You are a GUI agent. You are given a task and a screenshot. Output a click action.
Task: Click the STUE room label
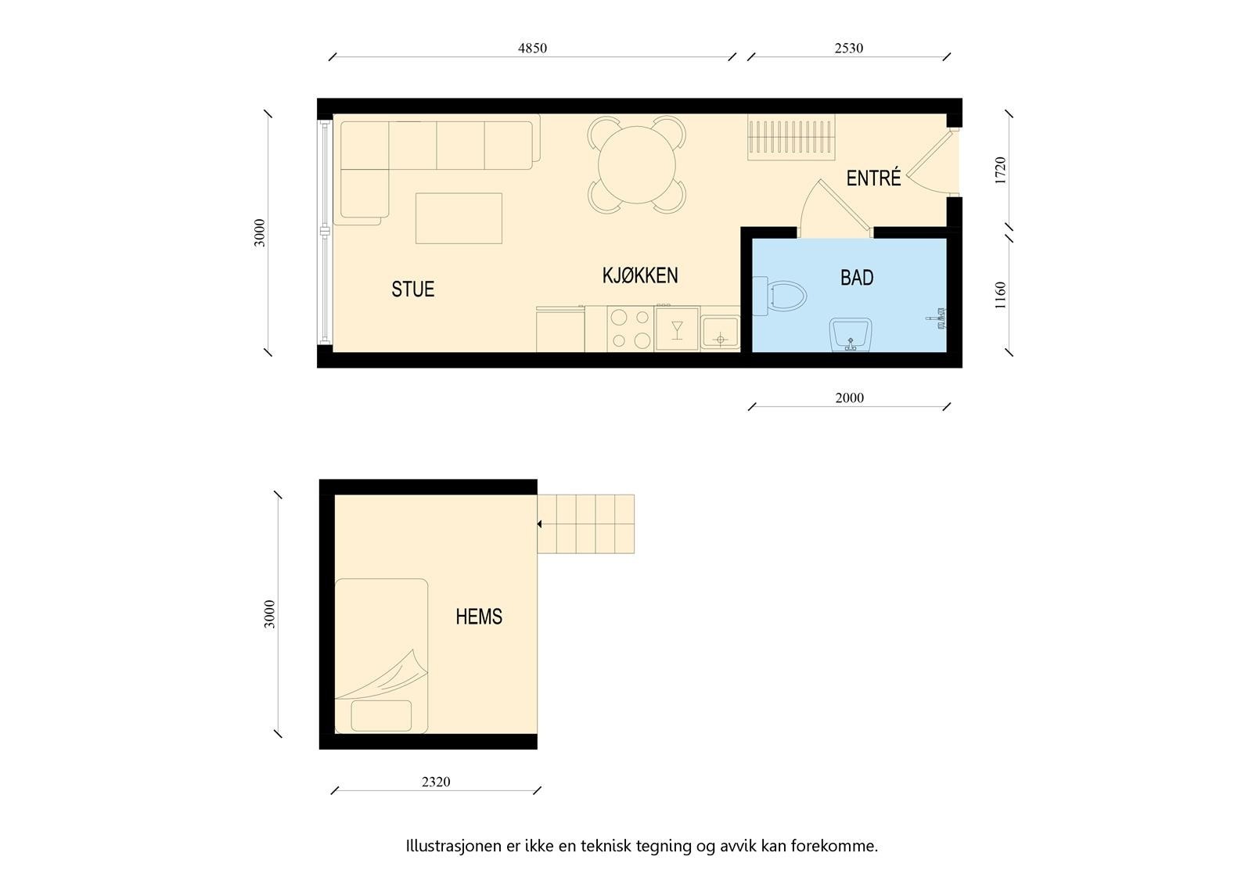click(412, 290)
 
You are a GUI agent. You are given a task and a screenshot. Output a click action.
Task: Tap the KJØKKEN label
click(639, 275)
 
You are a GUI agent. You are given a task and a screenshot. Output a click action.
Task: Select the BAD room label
click(857, 278)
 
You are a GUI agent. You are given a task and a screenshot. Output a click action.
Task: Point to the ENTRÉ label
click(873, 178)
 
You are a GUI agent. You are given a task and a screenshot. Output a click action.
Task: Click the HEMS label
click(478, 617)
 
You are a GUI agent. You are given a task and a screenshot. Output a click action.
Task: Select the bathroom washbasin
click(851, 335)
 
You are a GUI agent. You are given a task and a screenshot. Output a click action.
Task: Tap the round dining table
click(637, 164)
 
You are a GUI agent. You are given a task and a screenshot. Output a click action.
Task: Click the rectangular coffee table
click(459, 218)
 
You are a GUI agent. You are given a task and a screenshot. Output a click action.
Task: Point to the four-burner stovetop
click(631, 329)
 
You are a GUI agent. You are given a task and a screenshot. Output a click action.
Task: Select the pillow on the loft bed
click(381, 715)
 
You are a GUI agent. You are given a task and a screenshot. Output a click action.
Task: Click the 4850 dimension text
click(532, 49)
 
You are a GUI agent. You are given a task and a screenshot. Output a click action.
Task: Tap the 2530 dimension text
click(848, 49)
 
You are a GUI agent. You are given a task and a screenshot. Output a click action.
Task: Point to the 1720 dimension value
click(1000, 171)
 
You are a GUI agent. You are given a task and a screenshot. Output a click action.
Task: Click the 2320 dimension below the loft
click(436, 782)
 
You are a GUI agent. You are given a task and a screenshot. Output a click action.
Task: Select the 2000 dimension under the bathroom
click(849, 398)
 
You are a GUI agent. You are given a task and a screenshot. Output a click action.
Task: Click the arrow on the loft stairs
click(539, 524)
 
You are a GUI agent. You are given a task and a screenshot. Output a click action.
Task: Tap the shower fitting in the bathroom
click(937, 318)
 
